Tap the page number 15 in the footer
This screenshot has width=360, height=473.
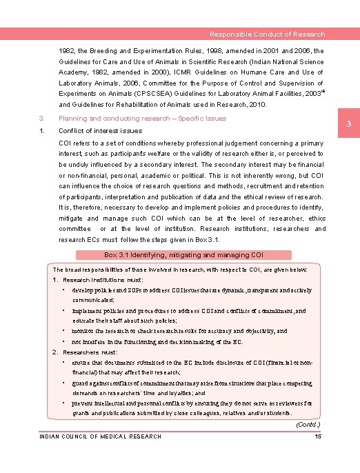318,436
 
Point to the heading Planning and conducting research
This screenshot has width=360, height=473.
143,119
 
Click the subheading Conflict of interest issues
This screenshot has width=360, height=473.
101,130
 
